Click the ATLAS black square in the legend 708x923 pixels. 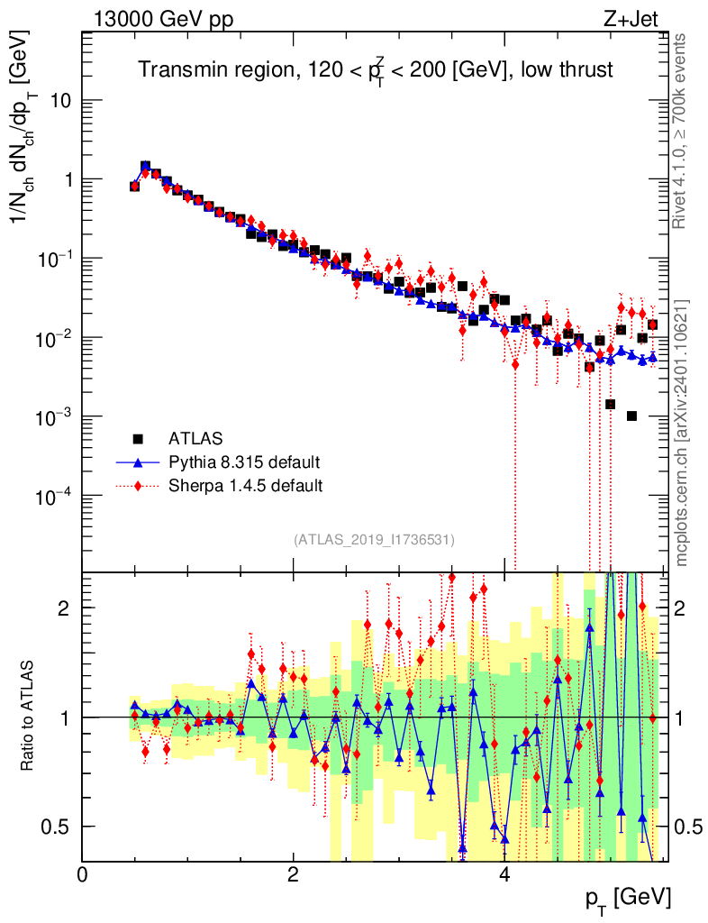pyautogui.click(x=138, y=439)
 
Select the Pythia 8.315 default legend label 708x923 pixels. pyautogui.click(x=244, y=462)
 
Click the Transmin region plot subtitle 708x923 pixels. pyautogui.click(x=375, y=69)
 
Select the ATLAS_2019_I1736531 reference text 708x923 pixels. pyautogui.click(x=374, y=540)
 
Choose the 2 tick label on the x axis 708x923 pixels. pyautogui.click(x=293, y=874)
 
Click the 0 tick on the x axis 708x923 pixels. pyautogui.click(x=82, y=874)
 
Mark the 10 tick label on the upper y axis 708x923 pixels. pyautogui.click(x=61, y=100)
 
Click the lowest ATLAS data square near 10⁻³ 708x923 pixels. pyautogui.click(x=631, y=416)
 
